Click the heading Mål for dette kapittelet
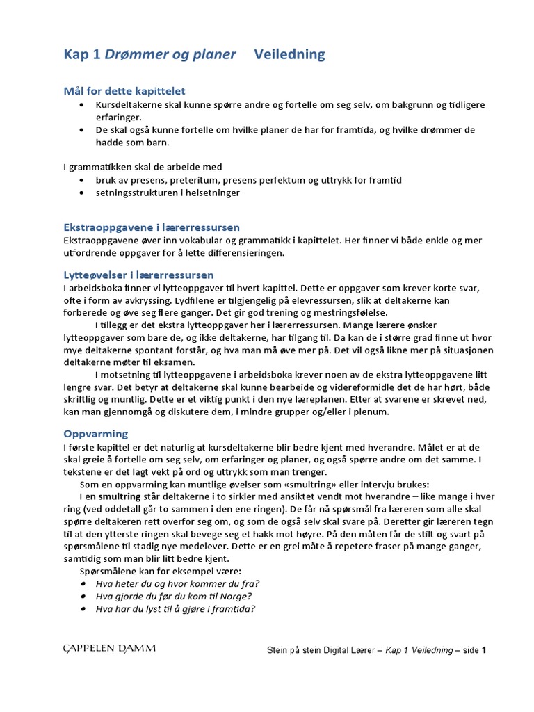124,91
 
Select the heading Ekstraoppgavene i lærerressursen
152,227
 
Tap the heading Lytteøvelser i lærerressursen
138,275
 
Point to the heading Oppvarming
95,433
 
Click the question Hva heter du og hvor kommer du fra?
177,583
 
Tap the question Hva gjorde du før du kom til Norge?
173,596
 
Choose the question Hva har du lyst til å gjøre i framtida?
175,609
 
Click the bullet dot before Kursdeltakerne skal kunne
81,105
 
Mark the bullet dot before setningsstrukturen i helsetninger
81,193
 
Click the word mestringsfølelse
346,313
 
